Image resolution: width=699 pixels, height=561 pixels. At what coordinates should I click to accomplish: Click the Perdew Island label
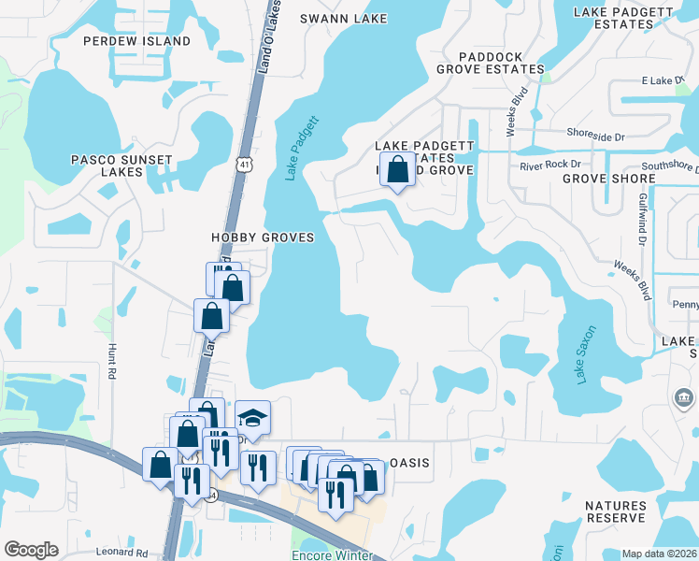tap(136, 41)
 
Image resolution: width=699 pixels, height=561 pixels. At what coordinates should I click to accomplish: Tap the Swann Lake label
tap(337, 18)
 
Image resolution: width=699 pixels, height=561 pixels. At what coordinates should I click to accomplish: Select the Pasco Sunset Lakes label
tap(121, 165)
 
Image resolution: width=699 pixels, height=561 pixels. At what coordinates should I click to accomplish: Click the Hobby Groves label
tap(262, 237)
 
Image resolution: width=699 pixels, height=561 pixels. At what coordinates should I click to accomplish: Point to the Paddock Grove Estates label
tap(490, 63)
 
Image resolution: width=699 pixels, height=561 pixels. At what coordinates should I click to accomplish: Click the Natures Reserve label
tap(603, 511)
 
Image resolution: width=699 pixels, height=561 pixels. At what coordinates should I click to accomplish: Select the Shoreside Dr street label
tap(596, 137)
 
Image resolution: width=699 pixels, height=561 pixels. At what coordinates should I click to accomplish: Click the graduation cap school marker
tap(252, 416)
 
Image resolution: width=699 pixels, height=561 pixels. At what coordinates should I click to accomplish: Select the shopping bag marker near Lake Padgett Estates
tap(398, 170)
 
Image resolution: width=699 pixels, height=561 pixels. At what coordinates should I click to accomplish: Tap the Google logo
tap(32, 550)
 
